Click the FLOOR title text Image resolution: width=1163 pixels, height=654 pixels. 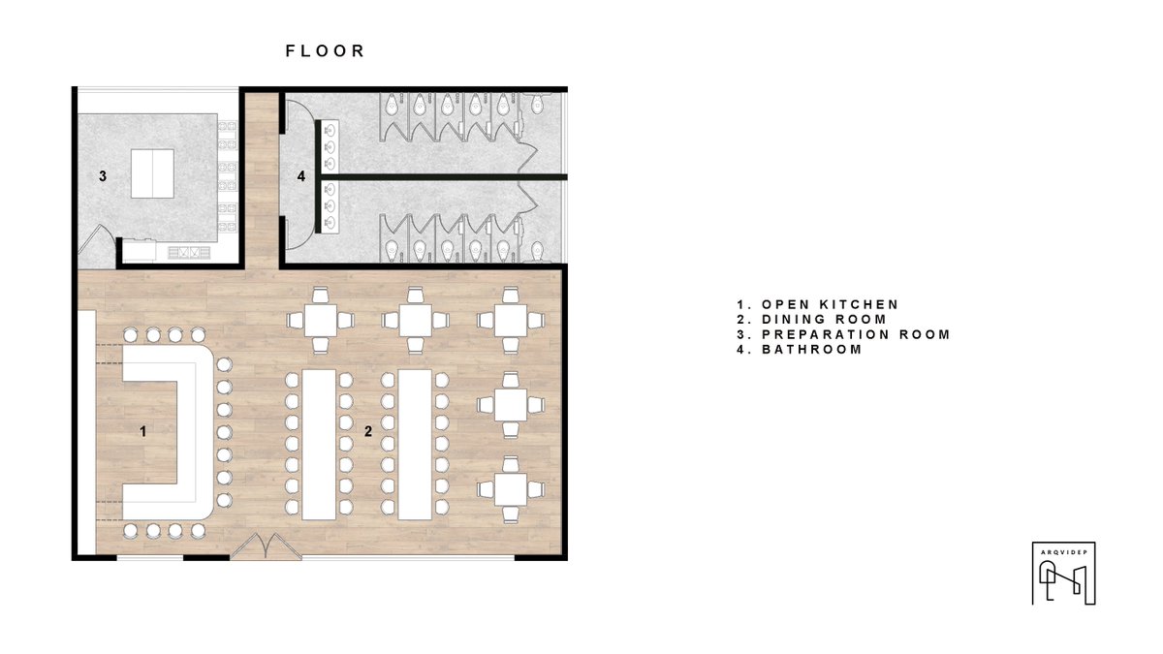pos(325,50)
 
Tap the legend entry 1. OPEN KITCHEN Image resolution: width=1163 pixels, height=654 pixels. pos(818,304)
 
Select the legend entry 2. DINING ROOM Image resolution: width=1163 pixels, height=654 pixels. pos(811,319)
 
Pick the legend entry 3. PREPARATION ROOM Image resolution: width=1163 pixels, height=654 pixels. pos(843,334)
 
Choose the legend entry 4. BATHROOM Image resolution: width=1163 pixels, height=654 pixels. pos(800,350)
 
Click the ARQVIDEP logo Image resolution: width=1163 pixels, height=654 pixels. pos(1064,573)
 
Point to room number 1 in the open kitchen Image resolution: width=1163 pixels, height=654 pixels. pos(143,431)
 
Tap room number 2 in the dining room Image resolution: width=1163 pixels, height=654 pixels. pos(368,431)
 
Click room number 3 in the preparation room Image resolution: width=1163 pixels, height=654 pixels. pos(103,176)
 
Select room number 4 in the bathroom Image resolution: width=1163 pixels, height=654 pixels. pos(301,176)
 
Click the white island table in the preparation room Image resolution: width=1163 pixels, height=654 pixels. pos(152,173)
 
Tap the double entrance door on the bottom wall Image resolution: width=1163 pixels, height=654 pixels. pos(266,547)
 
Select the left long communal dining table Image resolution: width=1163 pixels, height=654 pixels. pos(319,445)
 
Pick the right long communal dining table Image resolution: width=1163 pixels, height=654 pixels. pos(415,445)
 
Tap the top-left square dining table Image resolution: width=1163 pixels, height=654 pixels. pos(321,321)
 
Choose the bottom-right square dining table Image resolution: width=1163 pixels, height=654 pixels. pos(511,489)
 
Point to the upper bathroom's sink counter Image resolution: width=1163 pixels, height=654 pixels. pos(330,147)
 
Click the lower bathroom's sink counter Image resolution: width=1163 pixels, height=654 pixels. pos(330,207)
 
